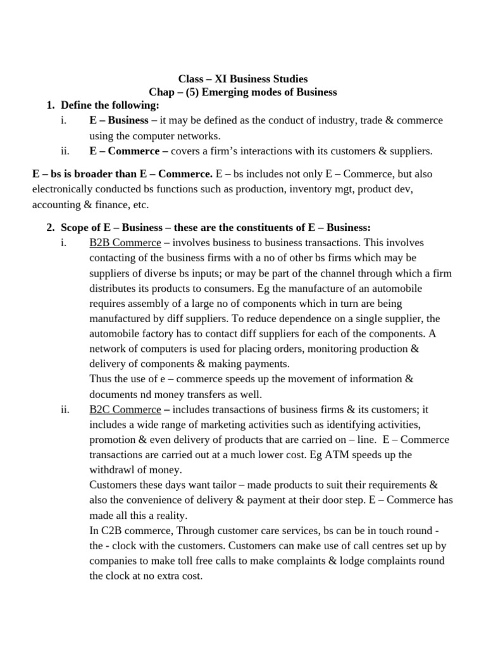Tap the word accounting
pos(56,204)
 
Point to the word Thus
pos(101,379)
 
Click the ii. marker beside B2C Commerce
pos(65,409)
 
